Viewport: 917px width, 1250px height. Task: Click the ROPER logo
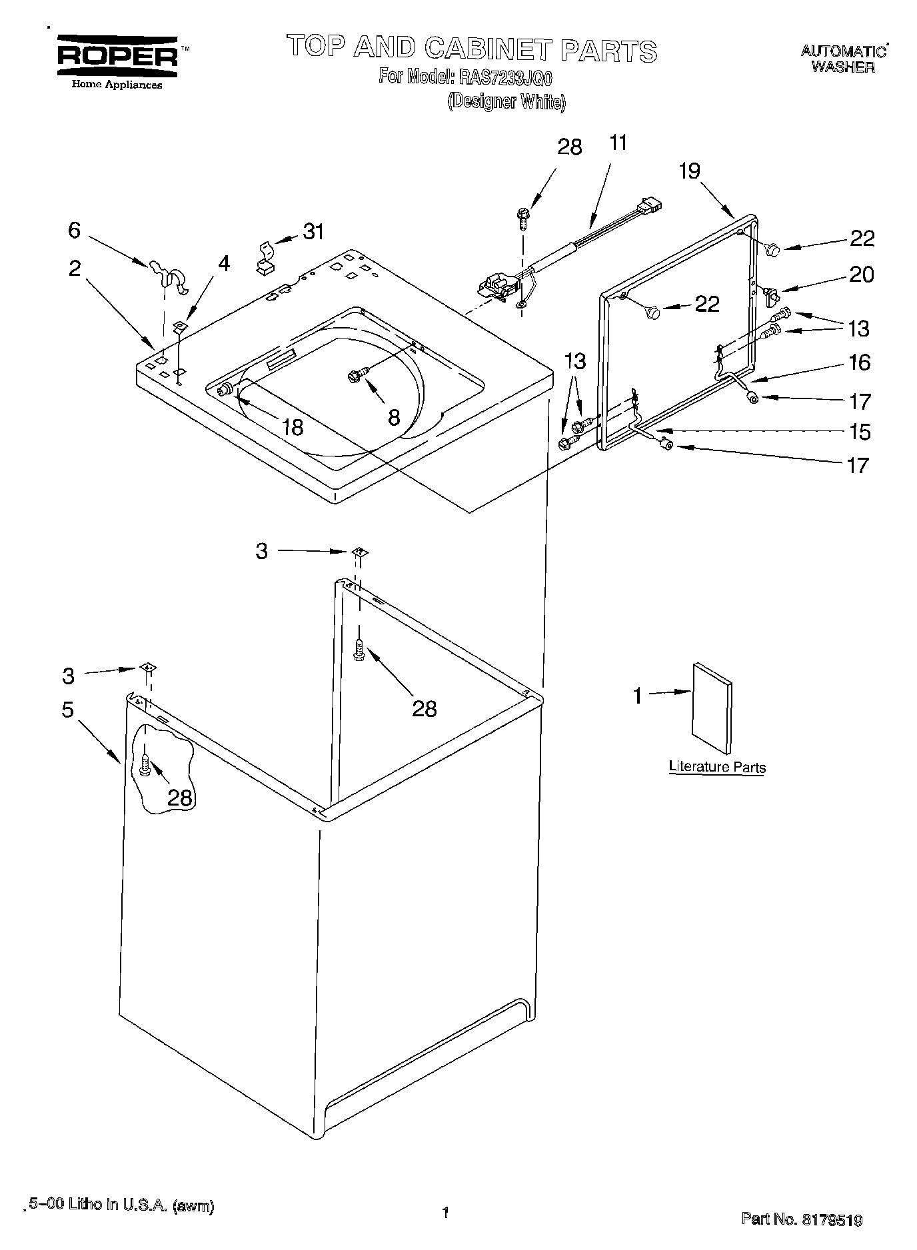point(117,57)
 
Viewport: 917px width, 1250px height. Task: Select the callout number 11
point(618,143)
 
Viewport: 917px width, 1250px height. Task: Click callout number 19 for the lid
point(690,172)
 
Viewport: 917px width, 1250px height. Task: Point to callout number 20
point(861,275)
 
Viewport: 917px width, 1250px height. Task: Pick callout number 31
point(313,232)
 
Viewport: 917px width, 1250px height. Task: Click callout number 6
point(74,231)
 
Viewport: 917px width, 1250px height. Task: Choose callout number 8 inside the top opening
point(394,418)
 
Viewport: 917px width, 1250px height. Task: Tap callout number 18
point(293,426)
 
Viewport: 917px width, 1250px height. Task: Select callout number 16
point(860,362)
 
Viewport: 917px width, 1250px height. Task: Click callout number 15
point(860,432)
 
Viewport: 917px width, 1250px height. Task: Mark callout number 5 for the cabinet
point(68,710)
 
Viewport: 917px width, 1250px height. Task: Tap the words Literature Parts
point(717,767)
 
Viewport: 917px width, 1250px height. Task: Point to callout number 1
point(638,696)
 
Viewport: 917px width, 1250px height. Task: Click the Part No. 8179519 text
point(802,1220)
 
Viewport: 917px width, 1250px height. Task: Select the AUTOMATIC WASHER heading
point(843,59)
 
